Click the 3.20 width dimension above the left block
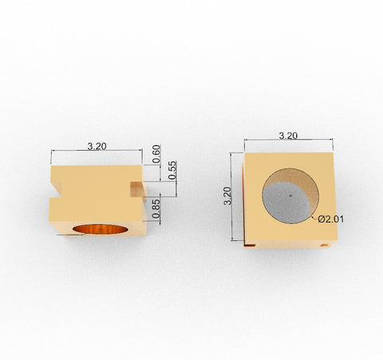point(97,146)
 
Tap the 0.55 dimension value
point(172,170)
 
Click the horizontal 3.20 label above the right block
point(288,136)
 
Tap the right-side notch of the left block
point(137,188)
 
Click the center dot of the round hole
point(290,193)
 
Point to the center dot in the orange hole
point(103,231)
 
